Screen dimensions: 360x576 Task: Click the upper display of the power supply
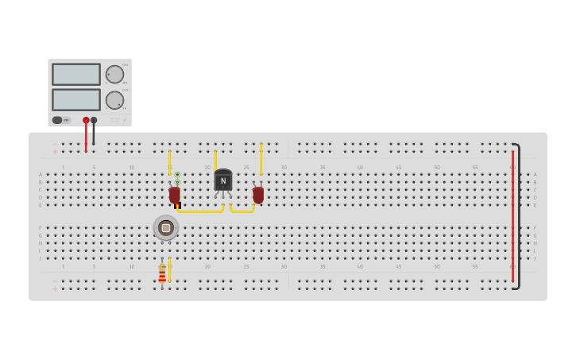click(76, 74)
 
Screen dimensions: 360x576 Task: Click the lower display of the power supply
click(76, 99)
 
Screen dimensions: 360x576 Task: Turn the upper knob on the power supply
click(115, 75)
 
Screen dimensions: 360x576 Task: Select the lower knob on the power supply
click(115, 100)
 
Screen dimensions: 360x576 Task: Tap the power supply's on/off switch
click(57, 120)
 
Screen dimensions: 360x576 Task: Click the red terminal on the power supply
click(86, 120)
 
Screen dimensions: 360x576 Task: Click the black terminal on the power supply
click(94, 120)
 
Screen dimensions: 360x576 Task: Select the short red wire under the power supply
click(86, 137)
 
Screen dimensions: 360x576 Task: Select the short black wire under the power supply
click(94, 134)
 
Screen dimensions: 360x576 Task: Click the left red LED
click(175, 194)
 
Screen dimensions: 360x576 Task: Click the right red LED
click(258, 194)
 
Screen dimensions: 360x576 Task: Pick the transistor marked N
click(223, 181)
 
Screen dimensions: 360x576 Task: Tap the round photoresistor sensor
click(166, 228)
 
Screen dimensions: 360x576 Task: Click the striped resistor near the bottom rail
click(162, 275)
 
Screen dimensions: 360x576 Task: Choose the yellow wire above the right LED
click(261, 159)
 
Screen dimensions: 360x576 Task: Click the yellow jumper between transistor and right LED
click(242, 211)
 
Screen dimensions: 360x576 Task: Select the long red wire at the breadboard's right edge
click(512, 215)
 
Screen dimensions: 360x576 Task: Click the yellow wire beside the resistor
click(170, 270)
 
